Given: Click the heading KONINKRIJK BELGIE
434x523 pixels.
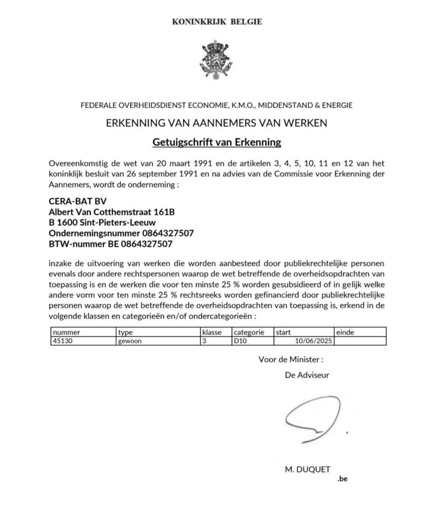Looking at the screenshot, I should point(217,21).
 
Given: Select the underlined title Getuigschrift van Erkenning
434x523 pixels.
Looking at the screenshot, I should point(217,142).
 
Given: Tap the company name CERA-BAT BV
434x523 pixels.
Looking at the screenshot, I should point(78,202).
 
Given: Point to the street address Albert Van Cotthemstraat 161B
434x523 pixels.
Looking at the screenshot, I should point(112,212).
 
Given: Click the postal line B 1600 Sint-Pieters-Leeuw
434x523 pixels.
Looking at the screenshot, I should point(102,223).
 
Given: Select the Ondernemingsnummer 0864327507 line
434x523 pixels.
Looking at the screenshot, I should point(121,233).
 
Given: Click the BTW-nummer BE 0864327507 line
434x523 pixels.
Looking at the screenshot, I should point(110,244).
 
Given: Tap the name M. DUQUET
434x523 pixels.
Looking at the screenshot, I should point(307,469).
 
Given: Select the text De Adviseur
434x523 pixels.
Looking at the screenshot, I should point(307,375).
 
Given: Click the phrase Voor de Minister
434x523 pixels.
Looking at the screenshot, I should point(291,360).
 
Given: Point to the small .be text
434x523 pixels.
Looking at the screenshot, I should point(342,478).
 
